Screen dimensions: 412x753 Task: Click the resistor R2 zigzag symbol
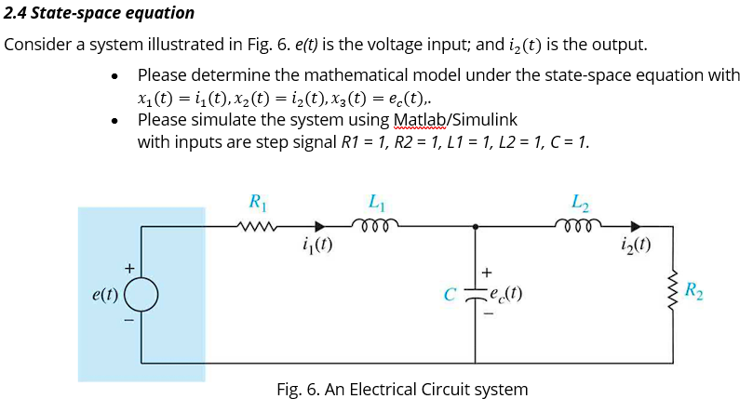(x=671, y=292)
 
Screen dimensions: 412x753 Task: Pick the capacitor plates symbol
(x=477, y=295)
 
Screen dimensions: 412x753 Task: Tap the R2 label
(x=694, y=291)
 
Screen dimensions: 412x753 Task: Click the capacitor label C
(x=450, y=296)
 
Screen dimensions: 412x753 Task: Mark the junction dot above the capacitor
(x=477, y=225)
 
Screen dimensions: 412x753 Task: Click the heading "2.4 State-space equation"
(x=100, y=13)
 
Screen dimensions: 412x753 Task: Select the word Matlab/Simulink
(x=455, y=120)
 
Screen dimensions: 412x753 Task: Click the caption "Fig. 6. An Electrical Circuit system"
(x=402, y=390)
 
